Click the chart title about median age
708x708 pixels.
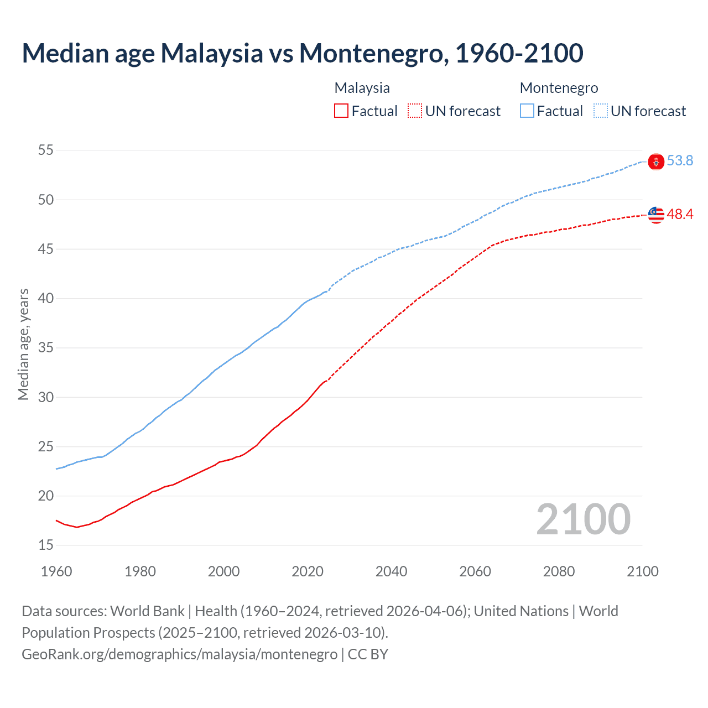302,53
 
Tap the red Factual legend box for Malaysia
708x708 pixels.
341,111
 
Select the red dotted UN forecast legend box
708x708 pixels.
415,111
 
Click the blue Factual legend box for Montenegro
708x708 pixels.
527,111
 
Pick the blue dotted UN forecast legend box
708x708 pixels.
600,111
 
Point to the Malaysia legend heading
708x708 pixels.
362,88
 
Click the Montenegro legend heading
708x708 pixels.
559,88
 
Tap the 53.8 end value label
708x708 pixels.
680,161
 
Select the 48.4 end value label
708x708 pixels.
680,215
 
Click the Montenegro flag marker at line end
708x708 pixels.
656,162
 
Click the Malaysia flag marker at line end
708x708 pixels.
656,215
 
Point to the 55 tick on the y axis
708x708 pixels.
46,150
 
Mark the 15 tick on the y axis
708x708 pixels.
46,545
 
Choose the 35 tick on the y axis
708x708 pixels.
46,348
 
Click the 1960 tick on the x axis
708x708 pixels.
56,571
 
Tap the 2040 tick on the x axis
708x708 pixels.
391,571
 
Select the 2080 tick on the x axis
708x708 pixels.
559,571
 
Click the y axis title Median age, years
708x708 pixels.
23,344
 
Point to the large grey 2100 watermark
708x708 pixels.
583,519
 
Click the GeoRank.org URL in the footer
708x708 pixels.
179,654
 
